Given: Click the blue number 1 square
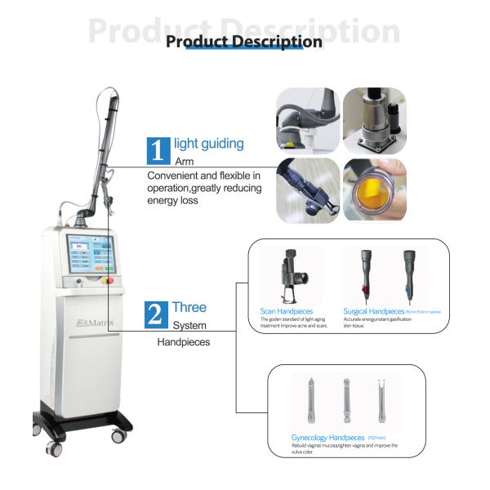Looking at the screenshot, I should [157, 150].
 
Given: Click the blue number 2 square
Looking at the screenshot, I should [157, 314].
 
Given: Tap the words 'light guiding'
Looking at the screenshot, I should [208, 144].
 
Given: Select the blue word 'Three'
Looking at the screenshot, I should [189, 308].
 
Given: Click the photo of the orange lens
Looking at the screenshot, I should [374, 190].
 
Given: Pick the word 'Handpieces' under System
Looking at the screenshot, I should [183, 342].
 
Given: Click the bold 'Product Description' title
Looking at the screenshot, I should [244, 42].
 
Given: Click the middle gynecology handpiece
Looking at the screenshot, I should [346, 400].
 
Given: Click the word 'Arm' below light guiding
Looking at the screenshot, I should [184, 161].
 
